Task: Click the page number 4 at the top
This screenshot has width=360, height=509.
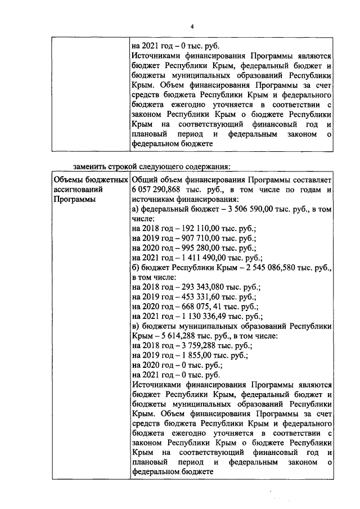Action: pyautogui.click(x=192, y=27)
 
